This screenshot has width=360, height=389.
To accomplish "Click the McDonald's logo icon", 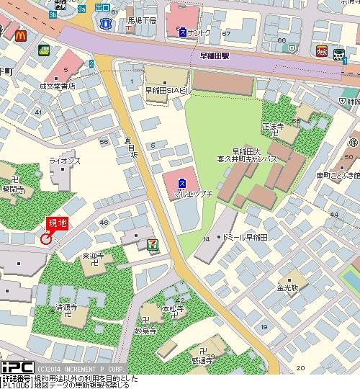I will pos(20,32).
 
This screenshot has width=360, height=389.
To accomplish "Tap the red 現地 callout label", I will pos(57,223).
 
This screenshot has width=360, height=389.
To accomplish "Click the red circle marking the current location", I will pos(47,238).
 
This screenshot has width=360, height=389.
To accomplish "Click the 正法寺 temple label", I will pos(273,126).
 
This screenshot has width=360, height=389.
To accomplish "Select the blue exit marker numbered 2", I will pos(92,64).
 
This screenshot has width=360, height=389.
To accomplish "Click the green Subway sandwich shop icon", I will pos(43,50).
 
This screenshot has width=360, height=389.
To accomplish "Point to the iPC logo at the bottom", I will pos(12,368).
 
